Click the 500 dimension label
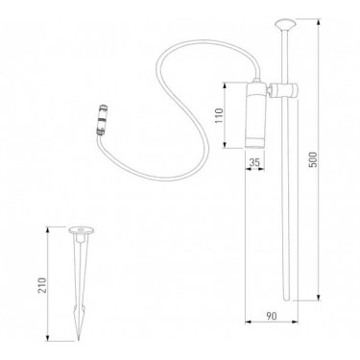point(313,159)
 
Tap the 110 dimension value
point(219,116)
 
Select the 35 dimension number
point(254,162)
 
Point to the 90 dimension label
point(272,316)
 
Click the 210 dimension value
point(42,285)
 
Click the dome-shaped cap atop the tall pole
point(285,25)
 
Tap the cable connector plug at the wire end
point(102,120)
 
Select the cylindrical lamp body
point(255,116)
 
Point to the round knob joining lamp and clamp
point(270,91)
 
